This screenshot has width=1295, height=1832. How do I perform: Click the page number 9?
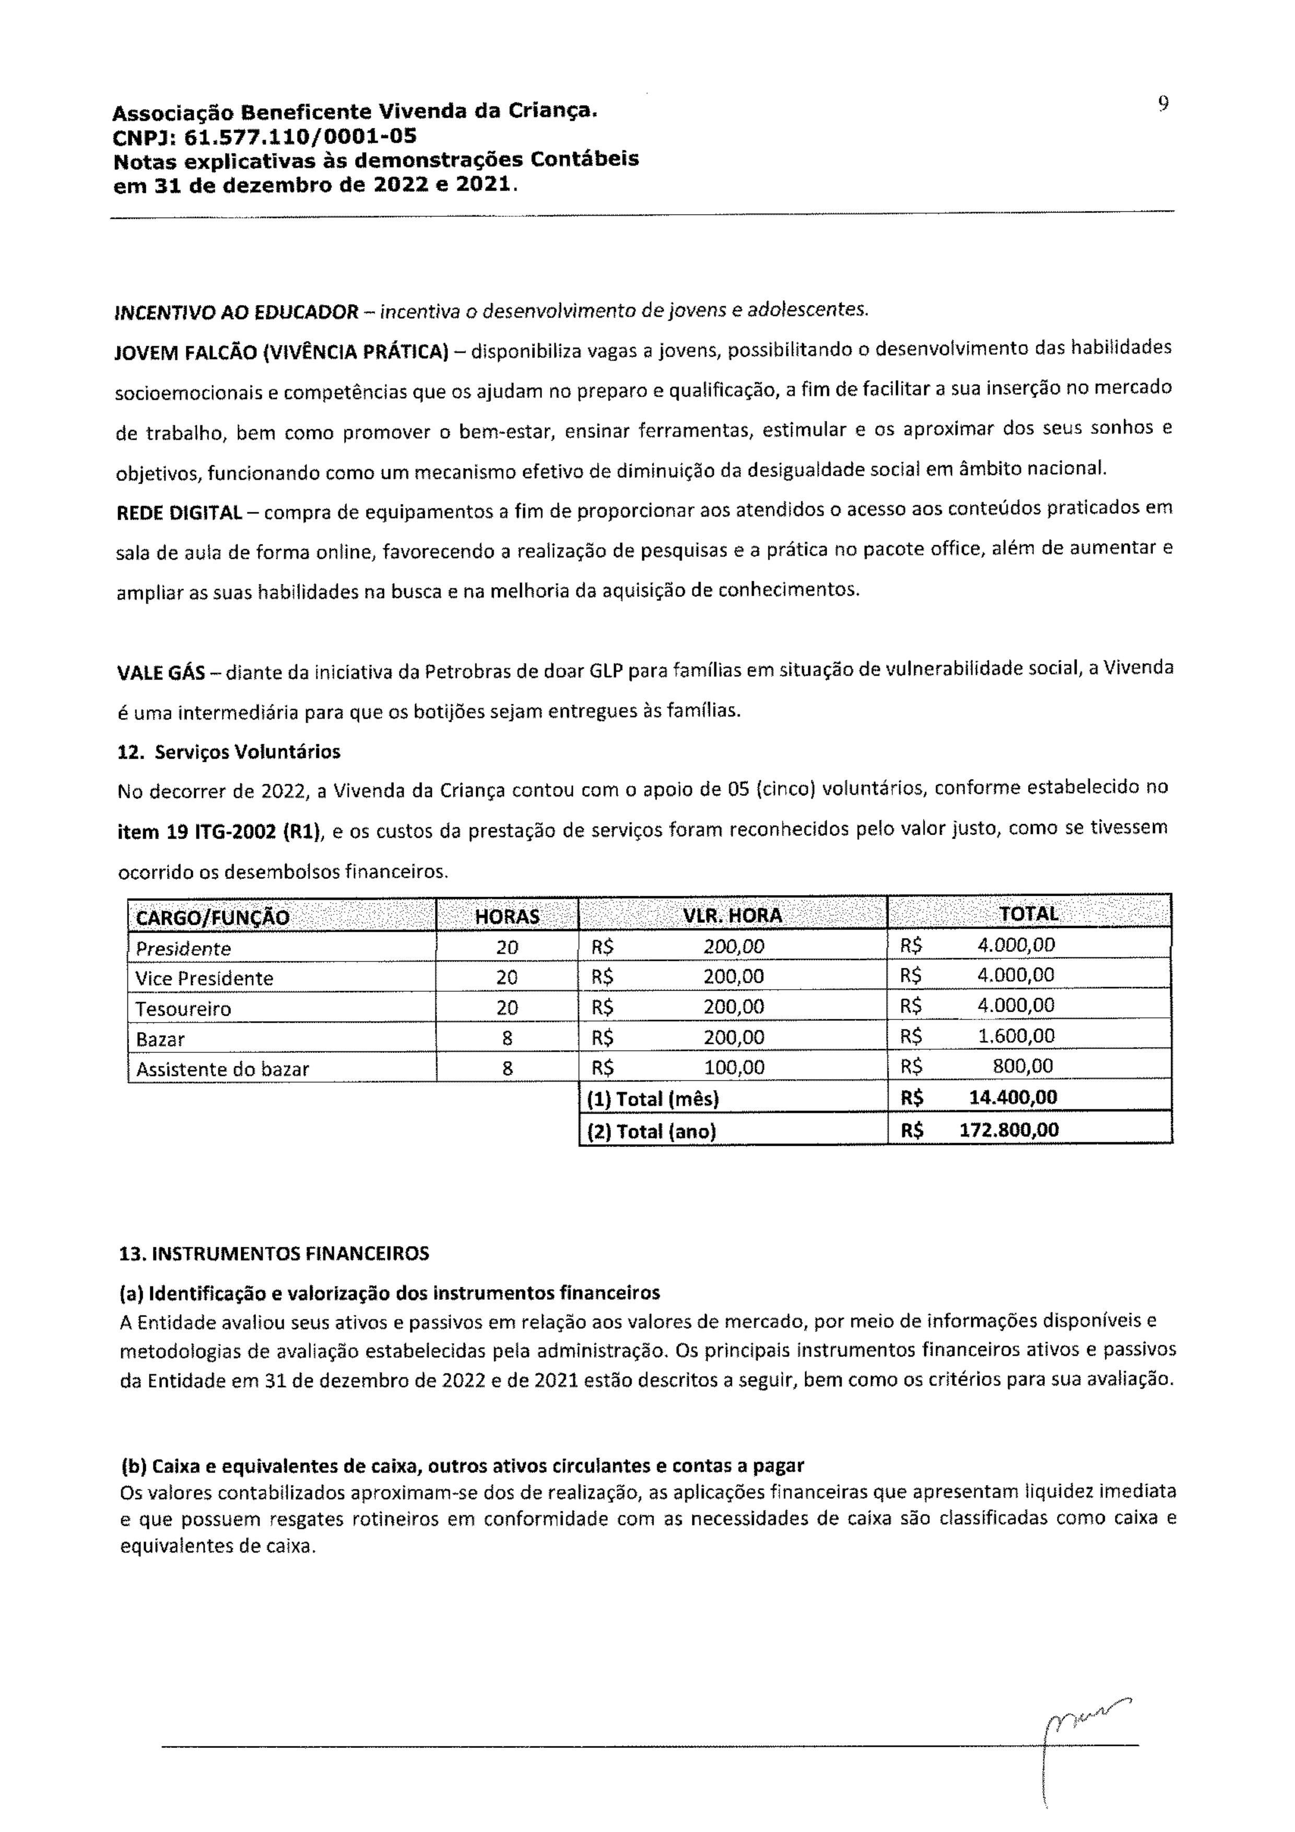pyautogui.click(x=1163, y=104)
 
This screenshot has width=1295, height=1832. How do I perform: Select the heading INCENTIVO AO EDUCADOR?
pyautogui.click(x=237, y=312)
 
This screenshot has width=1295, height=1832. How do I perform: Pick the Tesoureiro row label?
pyautogui.click(x=183, y=1008)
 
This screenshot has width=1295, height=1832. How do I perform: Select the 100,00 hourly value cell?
pyautogui.click(x=733, y=1067)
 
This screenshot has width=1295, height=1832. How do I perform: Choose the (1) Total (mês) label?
pyautogui.click(x=653, y=1099)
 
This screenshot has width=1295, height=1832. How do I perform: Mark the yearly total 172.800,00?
pyautogui.click(x=1008, y=1130)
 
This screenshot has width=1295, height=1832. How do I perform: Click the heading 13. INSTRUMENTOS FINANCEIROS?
pyautogui.click(x=274, y=1253)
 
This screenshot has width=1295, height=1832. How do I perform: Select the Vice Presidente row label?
pyautogui.click(x=204, y=978)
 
